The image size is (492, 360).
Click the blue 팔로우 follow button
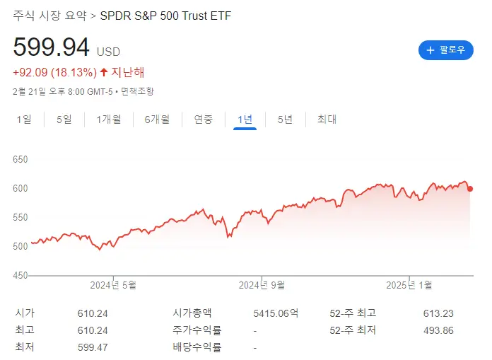tap(445, 50)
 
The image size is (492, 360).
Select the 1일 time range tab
tap(24, 120)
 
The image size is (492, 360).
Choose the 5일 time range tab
tap(64, 120)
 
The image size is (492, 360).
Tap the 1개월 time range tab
tap(109, 120)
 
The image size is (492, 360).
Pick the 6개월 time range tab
tap(157, 120)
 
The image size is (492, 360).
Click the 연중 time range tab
tap(204, 120)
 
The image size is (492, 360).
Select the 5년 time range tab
tap(285, 120)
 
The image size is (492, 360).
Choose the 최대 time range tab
tap(327, 120)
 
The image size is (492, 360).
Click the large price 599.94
tap(52, 47)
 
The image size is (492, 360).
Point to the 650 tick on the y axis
tap(20, 160)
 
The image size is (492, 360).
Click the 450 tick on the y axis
tap(20, 275)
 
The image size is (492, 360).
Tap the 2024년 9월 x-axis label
tap(262, 285)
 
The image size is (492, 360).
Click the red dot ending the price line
tap(470, 188)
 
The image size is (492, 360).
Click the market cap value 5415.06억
tap(276, 313)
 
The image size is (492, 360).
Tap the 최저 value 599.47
tap(93, 347)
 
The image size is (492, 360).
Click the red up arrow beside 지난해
tap(104, 72)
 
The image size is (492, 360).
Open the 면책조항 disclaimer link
tap(137, 91)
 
